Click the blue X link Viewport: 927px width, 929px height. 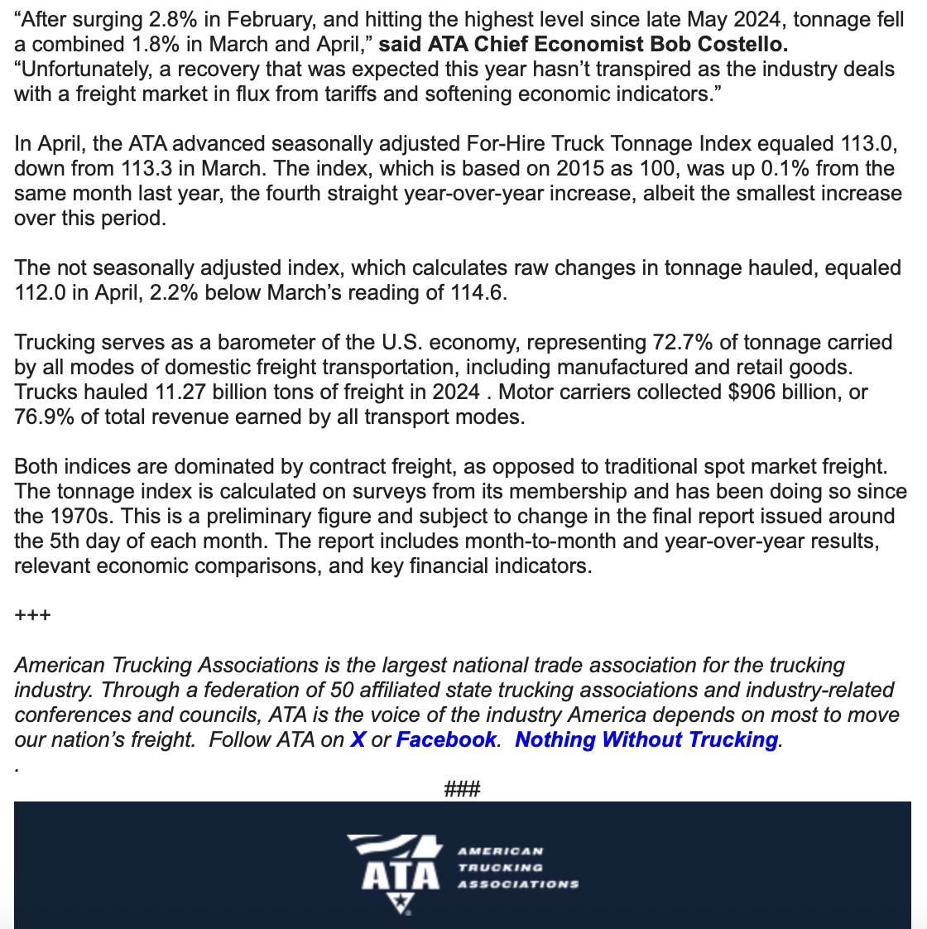(358, 739)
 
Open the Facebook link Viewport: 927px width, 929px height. (446, 739)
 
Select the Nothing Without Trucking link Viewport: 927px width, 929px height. (646, 739)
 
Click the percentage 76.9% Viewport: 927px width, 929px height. (44, 416)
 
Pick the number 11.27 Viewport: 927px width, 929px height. (175, 392)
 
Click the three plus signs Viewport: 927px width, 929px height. (33, 615)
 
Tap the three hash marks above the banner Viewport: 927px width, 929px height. (463, 789)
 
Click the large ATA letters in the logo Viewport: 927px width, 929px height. (400, 875)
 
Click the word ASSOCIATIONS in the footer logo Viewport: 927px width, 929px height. (518, 883)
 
